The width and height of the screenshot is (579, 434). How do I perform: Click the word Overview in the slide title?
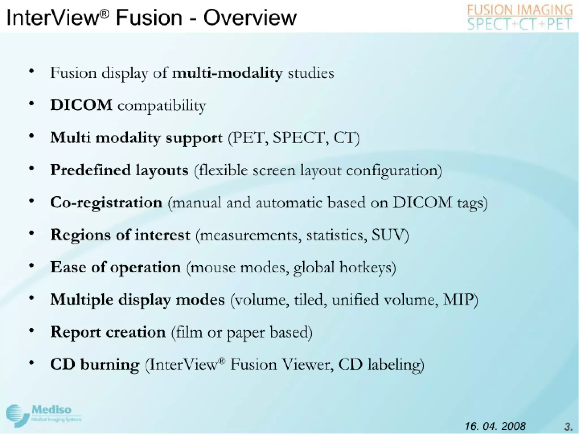pos(250,18)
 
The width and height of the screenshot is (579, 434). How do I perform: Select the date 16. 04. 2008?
pos(495,426)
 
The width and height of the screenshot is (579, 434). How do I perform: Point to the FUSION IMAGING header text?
pos(520,10)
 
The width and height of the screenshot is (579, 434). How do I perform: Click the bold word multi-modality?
pos(227,73)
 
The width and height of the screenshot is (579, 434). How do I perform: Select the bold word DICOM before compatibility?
pos(81,105)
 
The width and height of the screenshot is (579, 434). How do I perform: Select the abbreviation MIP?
pos(458,300)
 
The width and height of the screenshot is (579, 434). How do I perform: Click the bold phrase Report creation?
pos(108,332)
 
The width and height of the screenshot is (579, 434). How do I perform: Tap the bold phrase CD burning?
pos(95,364)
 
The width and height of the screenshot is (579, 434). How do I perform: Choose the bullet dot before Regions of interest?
pos(32,233)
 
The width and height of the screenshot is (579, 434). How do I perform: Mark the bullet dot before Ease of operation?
pos(32,266)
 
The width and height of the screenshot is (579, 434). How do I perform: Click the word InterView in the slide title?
pos(54,18)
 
